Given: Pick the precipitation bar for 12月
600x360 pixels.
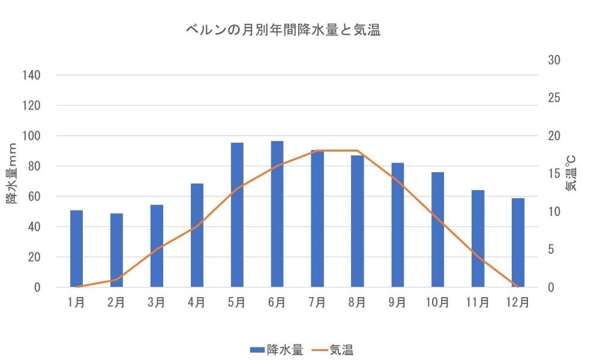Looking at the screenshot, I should (518, 242).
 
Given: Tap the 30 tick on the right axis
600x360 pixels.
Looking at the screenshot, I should (554, 60).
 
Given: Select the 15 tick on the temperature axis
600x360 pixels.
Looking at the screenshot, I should (554, 174).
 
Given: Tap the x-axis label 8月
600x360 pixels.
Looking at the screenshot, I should (357, 302).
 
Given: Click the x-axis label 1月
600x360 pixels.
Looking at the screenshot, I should (76, 302).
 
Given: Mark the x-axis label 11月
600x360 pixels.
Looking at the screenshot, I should (478, 302).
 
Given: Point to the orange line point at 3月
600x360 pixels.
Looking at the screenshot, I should (157, 249).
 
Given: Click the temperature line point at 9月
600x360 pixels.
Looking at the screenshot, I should (397, 181).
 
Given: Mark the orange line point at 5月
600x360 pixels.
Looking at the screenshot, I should (237, 188).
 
